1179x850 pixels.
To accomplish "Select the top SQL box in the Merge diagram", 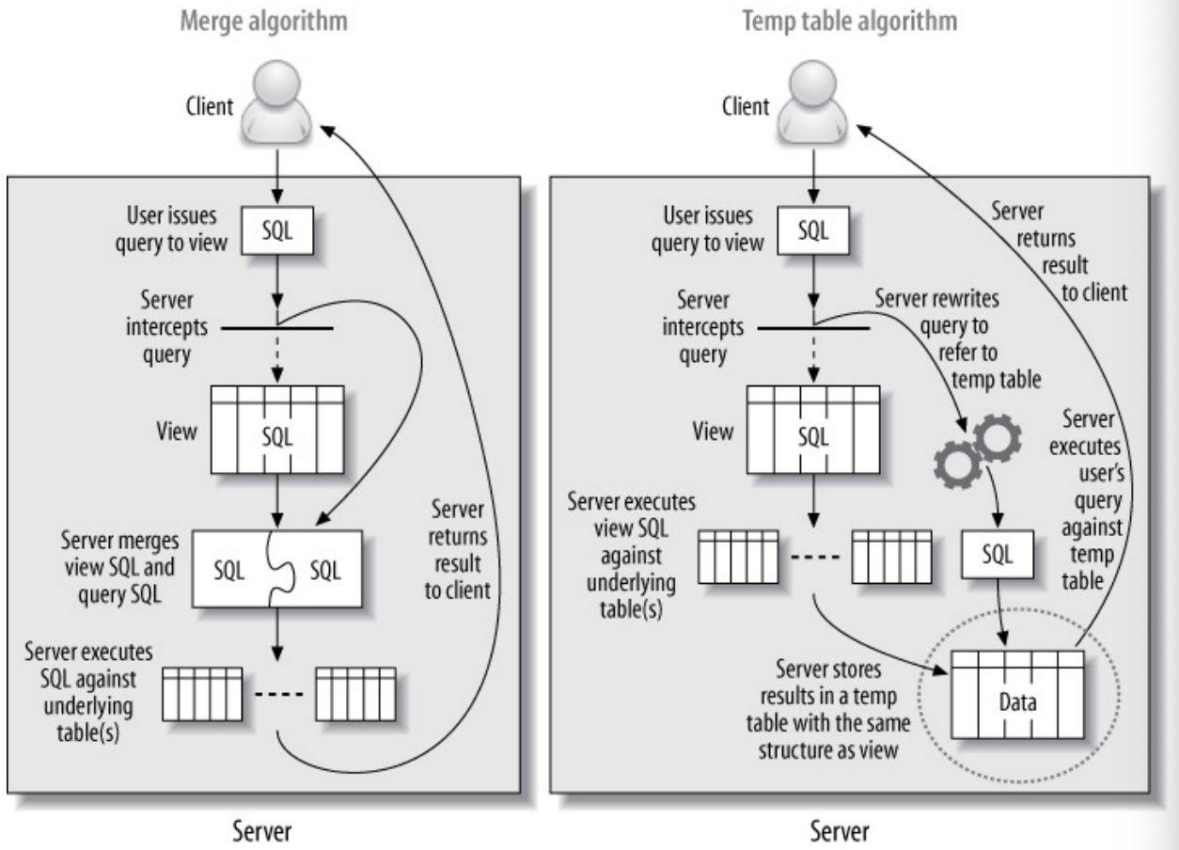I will tap(275, 231).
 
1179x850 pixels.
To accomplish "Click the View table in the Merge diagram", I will tap(275, 432).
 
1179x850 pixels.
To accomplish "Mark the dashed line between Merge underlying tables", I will tap(278, 695).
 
